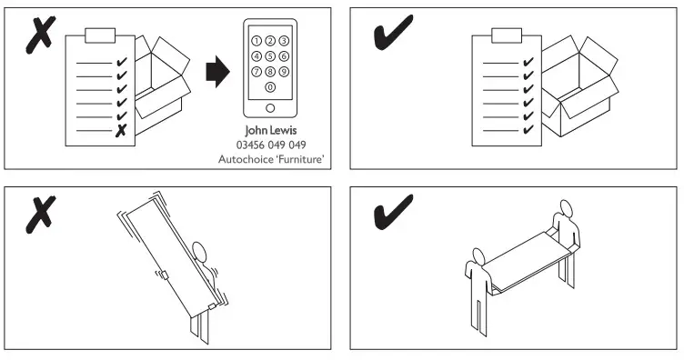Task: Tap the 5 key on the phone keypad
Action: click(x=270, y=55)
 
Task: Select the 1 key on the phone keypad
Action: click(x=256, y=41)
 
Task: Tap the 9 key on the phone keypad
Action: click(x=284, y=71)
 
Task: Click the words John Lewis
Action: click(x=271, y=131)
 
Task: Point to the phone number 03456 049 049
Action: click(x=271, y=145)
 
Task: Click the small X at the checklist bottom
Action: click(x=120, y=131)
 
